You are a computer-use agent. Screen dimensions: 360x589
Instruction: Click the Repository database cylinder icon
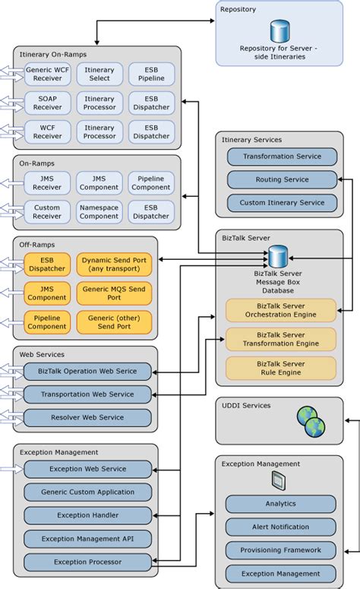(280, 31)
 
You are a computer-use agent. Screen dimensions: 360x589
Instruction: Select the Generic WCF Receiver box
(47, 74)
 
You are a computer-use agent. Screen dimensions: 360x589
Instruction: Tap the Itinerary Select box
(99, 74)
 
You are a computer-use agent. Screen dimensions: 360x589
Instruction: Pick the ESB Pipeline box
(151, 74)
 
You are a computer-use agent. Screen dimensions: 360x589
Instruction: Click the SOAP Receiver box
(47, 103)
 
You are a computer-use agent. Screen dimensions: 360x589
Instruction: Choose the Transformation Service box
(282, 157)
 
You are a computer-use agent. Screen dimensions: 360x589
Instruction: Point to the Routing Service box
(282, 179)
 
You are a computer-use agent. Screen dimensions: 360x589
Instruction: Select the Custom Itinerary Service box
(282, 203)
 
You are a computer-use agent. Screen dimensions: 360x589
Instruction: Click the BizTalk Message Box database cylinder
(278, 256)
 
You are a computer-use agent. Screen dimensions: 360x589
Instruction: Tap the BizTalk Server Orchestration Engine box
(281, 310)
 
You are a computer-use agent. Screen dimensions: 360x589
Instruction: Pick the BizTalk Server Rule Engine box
(281, 368)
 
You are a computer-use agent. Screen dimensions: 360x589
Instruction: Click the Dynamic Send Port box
(114, 264)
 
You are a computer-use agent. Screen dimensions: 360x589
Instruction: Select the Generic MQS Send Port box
(114, 293)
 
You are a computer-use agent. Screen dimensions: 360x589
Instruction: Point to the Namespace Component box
(99, 212)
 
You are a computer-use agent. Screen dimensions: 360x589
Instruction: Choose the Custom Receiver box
(47, 212)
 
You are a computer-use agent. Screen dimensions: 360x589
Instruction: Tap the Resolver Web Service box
(87, 417)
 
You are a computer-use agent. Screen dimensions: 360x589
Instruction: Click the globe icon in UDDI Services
(311, 422)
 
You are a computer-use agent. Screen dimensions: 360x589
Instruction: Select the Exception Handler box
(88, 515)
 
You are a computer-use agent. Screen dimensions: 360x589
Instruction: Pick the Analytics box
(281, 504)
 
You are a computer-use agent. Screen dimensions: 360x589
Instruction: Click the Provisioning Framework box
(281, 550)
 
